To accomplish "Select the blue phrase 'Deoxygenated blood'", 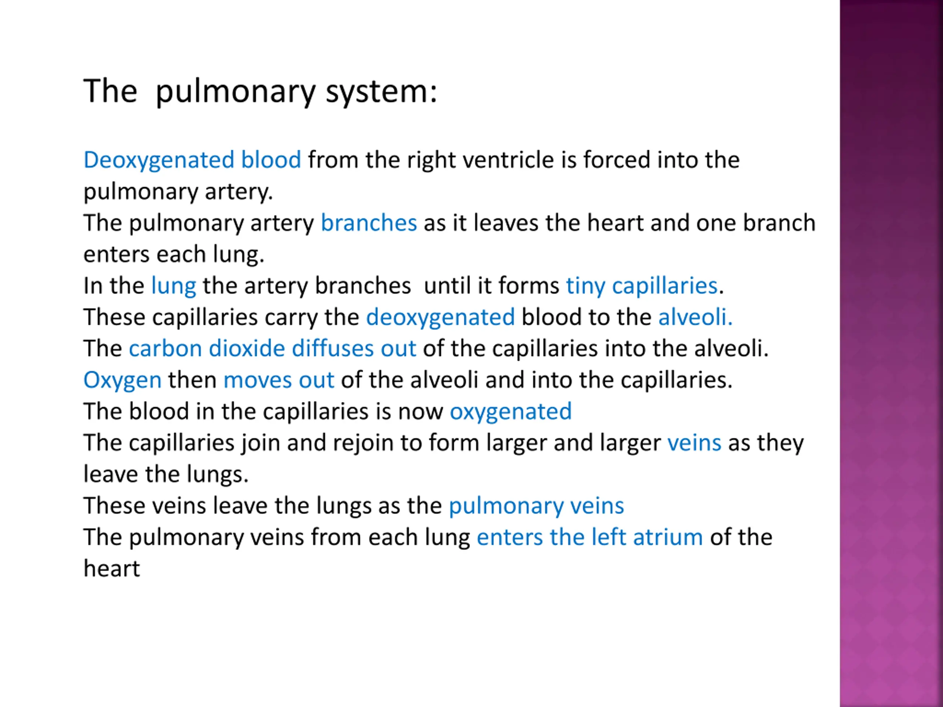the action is click(192, 160).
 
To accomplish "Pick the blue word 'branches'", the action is click(368, 223).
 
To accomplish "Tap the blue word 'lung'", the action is click(173, 285).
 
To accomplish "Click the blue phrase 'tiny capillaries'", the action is click(642, 285).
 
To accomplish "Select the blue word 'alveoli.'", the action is click(695, 317).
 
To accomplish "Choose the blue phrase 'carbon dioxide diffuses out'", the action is click(272, 349).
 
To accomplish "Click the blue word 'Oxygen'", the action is click(122, 380).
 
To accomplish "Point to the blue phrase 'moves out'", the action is click(278, 380).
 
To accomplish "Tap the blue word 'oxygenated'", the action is click(510, 412).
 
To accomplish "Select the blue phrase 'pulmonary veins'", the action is click(536, 506).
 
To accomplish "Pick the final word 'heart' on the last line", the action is click(111, 569).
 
